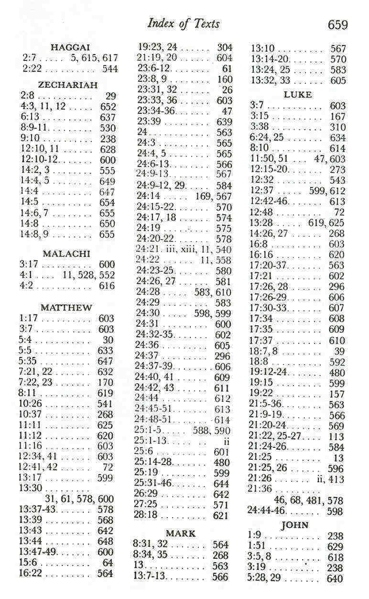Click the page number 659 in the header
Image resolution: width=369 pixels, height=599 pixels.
click(x=337, y=24)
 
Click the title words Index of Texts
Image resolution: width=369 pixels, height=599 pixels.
click(x=184, y=23)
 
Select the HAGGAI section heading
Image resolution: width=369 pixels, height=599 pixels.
click(x=70, y=47)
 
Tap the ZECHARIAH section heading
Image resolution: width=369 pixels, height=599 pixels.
click(x=68, y=85)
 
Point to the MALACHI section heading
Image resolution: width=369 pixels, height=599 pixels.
click(x=66, y=254)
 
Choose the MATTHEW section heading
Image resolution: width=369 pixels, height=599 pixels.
click(x=66, y=308)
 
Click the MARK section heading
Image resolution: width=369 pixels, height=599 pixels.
click(x=181, y=533)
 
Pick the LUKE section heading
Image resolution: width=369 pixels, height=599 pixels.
click(x=297, y=95)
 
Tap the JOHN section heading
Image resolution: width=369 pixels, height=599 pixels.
click(x=295, y=525)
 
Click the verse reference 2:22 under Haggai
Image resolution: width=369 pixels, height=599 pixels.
click(x=30, y=68)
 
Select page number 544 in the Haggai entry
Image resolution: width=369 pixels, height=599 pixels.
click(x=110, y=68)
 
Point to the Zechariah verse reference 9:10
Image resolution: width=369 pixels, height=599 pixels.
click(x=30, y=139)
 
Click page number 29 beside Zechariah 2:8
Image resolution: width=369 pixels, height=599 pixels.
click(x=110, y=96)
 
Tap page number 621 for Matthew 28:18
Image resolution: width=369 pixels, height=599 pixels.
click(x=221, y=516)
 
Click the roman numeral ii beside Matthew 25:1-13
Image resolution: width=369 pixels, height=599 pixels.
click(x=227, y=441)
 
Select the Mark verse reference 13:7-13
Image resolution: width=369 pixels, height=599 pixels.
click(x=149, y=576)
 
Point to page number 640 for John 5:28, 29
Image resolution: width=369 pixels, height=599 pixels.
click(x=335, y=578)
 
